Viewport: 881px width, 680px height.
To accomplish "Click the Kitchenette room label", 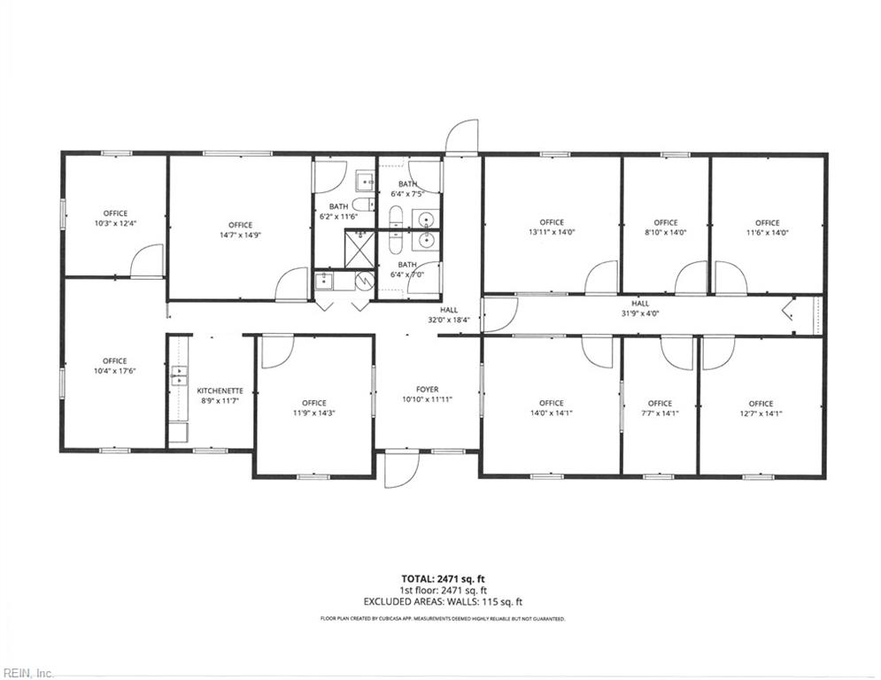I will click(220, 390).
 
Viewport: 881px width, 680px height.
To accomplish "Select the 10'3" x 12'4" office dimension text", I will click(115, 223).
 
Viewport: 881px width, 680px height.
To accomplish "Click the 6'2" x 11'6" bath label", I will click(338, 212).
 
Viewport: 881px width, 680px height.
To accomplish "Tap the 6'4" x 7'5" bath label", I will click(407, 189).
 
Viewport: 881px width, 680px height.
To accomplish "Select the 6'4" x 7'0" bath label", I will click(407, 269).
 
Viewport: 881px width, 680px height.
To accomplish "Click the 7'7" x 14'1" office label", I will click(660, 408).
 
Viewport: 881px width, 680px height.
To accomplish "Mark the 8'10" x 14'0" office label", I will click(666, 228).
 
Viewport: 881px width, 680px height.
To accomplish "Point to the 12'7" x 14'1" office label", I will click(761, 408).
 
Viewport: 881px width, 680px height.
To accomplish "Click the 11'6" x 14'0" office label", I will click(767, 228).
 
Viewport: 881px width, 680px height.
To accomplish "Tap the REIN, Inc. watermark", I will click(27, 674).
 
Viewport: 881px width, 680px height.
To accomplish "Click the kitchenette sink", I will click(179, 375).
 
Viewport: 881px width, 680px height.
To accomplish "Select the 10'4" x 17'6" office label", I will click(115, 367).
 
